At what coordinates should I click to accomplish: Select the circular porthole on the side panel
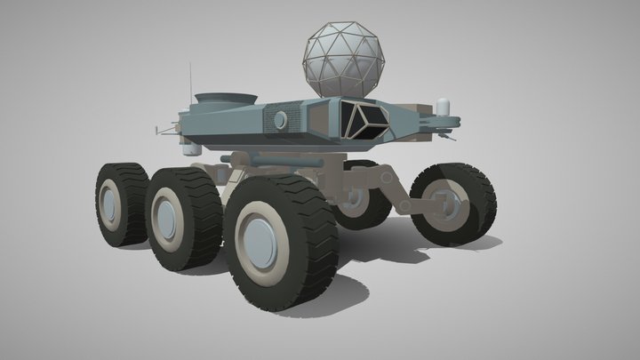tap(280, 119)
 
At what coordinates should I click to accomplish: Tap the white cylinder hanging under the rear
tap(188, 148)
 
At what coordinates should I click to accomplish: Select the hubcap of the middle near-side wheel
tap(166, 214)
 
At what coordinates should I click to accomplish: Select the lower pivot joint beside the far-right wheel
tap(406, 207)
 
